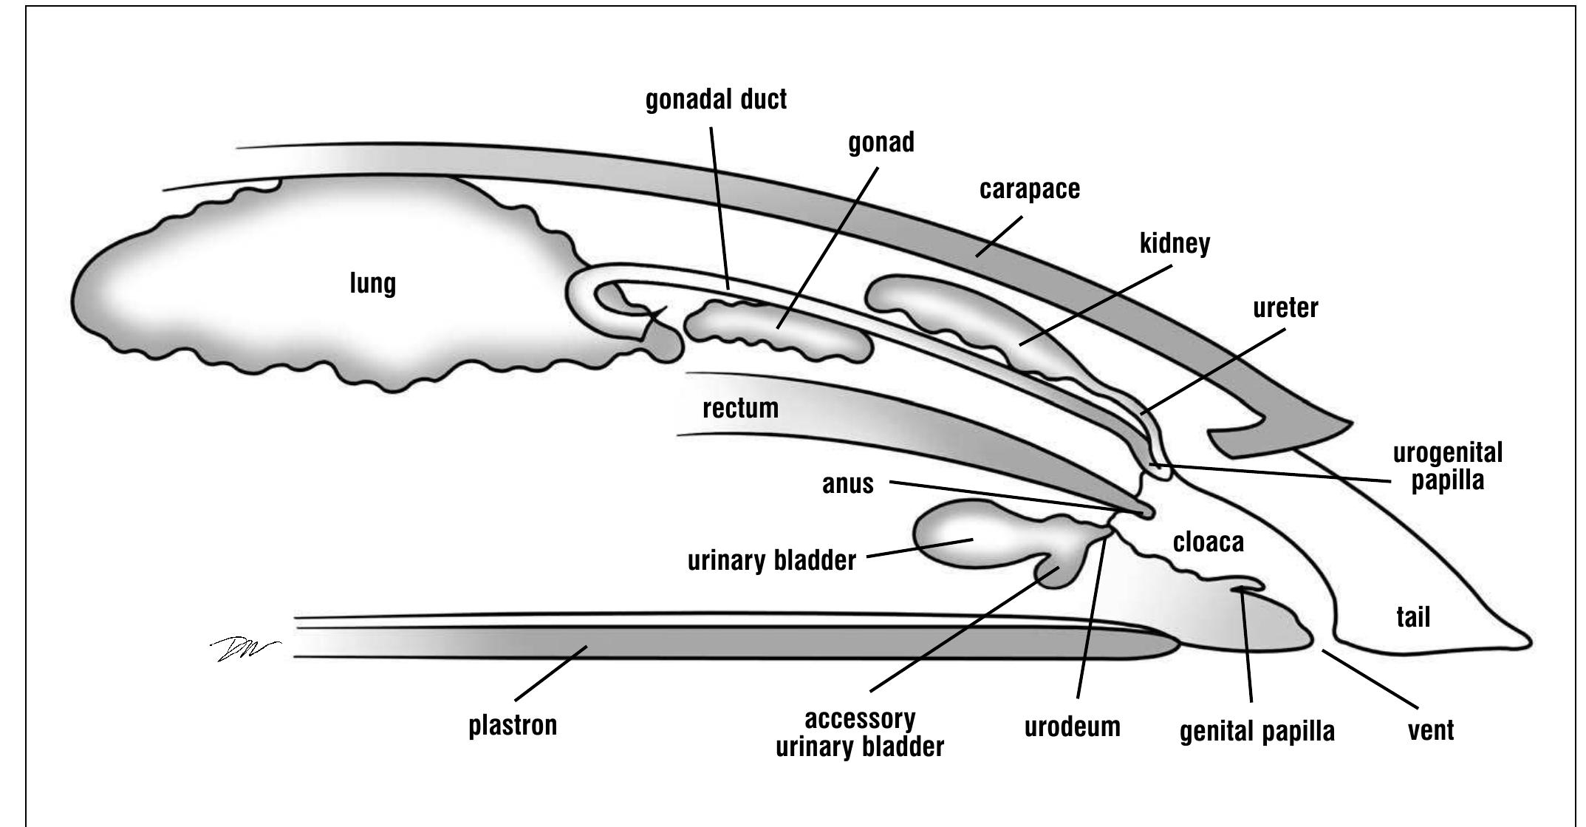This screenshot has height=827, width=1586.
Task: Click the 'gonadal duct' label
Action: [x=716, y=100]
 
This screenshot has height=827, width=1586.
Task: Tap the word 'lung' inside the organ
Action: [x=372, y=284]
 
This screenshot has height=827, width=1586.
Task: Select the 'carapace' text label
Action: [x=1029, y=190]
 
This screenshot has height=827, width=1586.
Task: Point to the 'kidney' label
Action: [x=1175, y=243]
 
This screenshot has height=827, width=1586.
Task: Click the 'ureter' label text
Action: [x=1285, y=307]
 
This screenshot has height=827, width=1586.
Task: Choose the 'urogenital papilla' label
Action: [x=1447, y=466]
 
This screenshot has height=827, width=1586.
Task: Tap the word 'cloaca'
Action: [x=1208, y=542]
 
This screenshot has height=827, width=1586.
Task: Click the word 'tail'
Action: [x=1412, y=616]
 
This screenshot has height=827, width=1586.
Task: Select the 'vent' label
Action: [x=1431, y=730]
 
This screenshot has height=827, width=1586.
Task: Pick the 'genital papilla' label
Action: [x=1257, y=731]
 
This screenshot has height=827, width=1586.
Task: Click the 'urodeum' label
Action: [x=1072, y=726]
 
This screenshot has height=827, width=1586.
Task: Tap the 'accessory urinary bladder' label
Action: [x=859, y=732]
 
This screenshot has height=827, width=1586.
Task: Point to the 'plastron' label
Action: [x=513, y=725]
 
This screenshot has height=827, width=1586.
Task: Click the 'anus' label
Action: [x=847, y=485]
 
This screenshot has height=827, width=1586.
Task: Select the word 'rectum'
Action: [x=740, y=408]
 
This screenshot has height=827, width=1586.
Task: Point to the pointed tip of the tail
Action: [x=1528, y=640]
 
